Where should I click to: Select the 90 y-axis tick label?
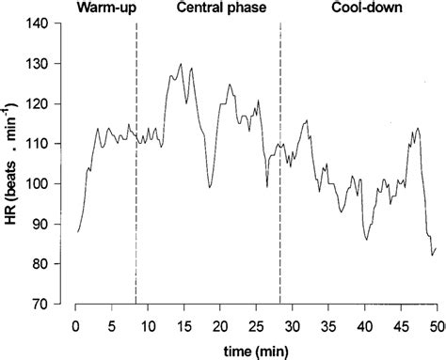pyautogui.click(x=47, y=225)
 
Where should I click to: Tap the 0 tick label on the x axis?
pyautogui.click(x=75, y=324)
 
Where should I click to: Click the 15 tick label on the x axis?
pyautogui.click(x=183, y=324)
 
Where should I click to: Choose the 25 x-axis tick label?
pyautogui.click(x=256, y=324)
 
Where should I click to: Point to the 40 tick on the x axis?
pyautogui.click(x=365, y=324)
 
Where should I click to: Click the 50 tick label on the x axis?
pyautogui.click(x=437, y=324)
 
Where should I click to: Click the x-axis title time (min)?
pyautogui.click(x=256, y=350)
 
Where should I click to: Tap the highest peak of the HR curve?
pyautogui.click(x=180, y=64)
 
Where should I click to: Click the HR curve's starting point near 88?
pyautogui.click(x=78, y=231)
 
